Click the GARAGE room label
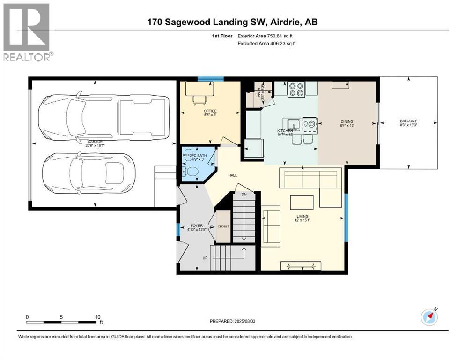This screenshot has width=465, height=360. click(95, 141)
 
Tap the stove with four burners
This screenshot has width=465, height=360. click(296, 89)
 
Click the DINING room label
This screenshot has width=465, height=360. click(347, 121)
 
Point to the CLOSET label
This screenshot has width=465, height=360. click(223, 226)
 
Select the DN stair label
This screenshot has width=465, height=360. click(244, 194)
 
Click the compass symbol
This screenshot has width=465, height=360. click(429, 317)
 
